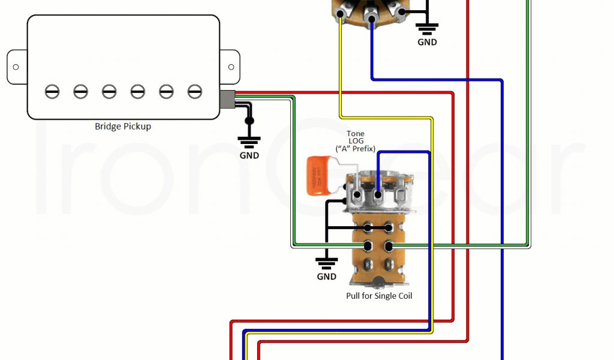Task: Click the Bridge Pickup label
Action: click(x=123, y=127)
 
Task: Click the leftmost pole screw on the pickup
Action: click(x=52, y=91)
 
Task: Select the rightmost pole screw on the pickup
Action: click(x=194, y=91)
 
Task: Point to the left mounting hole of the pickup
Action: click(x=16, y=67)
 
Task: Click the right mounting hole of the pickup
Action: click(x=230, y=67)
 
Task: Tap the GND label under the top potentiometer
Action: click(x=428, y=43)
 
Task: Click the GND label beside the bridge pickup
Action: click(x=249, y=155)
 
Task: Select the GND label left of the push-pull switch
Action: click(x=327, y=277)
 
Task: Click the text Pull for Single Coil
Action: click(x=379, y=296)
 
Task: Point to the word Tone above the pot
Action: click(x=356, y=134)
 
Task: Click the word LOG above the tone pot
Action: click(x=356, y=141)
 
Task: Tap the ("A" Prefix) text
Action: click(x=356, y=148)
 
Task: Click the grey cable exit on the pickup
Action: click(x=227, y=99)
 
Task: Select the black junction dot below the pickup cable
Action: click(x=249, y=121)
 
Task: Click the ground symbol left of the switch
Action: click(x=327, y=262)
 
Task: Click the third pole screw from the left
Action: click(x=109, y=91)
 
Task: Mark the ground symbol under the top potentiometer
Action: click(x=428, y=28)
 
